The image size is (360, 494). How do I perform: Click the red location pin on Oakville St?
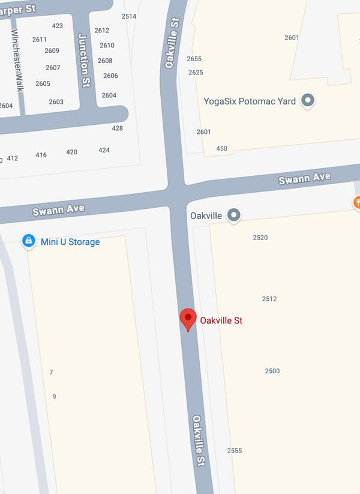coord(188,319)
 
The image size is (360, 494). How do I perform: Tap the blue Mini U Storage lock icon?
coord(28,241)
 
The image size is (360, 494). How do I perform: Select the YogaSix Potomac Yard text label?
coord(250,101)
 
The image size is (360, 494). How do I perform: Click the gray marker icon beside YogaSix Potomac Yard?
coord(308,100)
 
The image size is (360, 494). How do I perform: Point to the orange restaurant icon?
coord(357,202)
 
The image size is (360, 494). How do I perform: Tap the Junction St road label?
coord(84,61)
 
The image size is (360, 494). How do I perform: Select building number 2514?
coord(129,16)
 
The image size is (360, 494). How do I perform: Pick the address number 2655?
coord(194,59)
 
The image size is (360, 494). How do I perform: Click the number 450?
coord(222,149)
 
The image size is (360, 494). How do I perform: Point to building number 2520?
coord(260,238)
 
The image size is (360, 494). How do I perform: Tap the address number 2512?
coord(269,299)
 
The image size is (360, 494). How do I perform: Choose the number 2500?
coord(272,371)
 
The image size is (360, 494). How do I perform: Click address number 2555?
coord(235,451)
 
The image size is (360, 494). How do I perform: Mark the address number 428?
coord(118,128)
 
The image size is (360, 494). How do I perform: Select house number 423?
coord(58,26)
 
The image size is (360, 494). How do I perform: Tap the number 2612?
coord(102,31)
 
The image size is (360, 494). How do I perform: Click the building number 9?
coord(54,397)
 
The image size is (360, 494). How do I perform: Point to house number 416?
coord(41,155)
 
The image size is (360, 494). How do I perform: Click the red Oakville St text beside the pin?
coord(221,321)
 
